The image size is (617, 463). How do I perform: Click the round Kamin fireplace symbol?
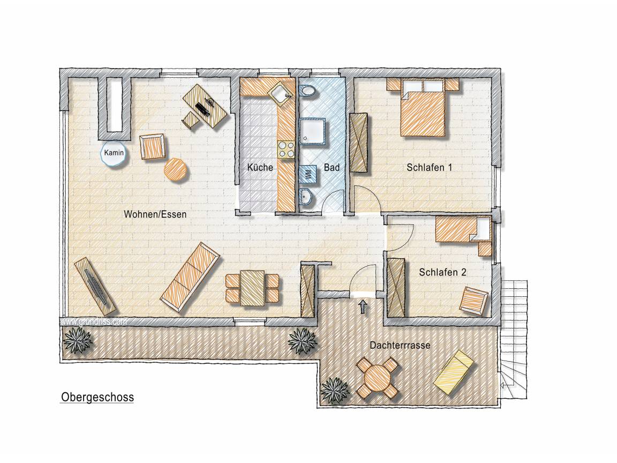point(114,153)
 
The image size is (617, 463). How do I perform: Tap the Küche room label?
point(260,167)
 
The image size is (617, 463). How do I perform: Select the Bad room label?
point(332,167)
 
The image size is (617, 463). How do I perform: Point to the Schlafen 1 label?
point(430,167)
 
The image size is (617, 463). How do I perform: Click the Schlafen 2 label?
point(443,272)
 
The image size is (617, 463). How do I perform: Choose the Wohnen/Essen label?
point(155,214)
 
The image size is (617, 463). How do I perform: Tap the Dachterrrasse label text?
point(400,345)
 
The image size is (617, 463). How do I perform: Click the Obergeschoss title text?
point(97,397)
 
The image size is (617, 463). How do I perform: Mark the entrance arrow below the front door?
point(363,307)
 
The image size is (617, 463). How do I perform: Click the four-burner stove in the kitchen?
point(286,150)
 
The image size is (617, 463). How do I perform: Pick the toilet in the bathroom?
point(308,91)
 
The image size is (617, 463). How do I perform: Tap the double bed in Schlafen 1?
point(424,108)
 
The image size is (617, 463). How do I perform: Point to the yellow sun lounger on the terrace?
point(453,371)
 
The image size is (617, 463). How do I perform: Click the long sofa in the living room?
point(190,277)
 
